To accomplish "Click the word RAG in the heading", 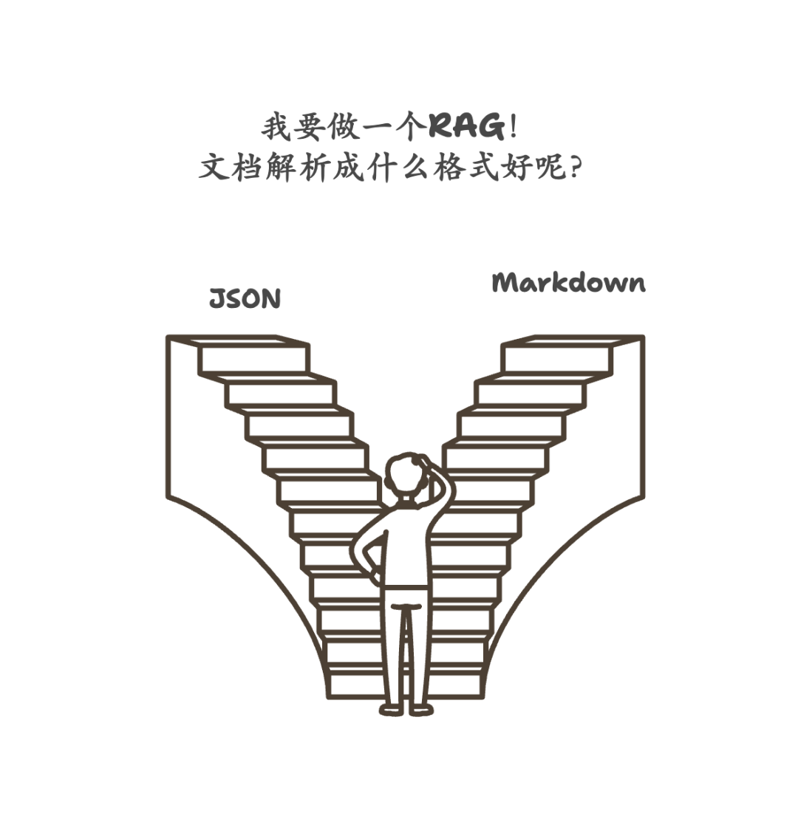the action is [467, 127].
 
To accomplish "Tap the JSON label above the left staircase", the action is [245, 299].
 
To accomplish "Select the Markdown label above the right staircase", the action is [568, 284].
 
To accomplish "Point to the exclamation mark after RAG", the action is [513, 127].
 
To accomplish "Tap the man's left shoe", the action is [392, 709].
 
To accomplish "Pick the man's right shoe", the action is [421, 709].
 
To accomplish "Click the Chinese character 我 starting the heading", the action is [276, 127].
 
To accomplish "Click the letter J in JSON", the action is [217, 299].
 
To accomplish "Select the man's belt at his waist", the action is [406, 588].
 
